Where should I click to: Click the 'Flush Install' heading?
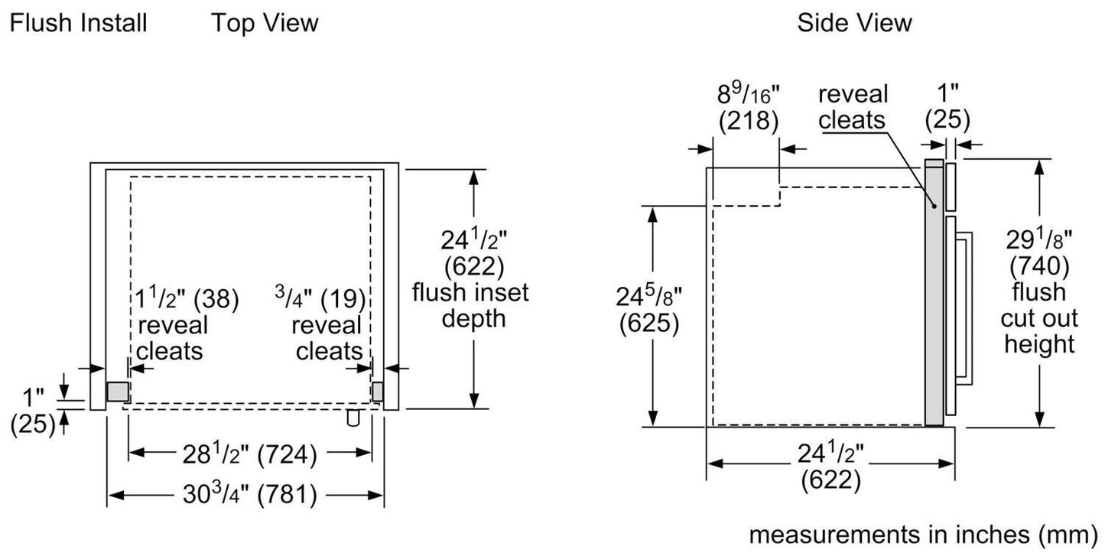tap(78, 23)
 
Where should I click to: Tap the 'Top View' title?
tap(265, 23)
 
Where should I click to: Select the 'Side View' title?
tap(854, 23)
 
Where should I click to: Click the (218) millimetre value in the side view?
tap(747, 120)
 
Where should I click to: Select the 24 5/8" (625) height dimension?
tap(648, 311)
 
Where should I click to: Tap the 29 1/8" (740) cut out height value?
tap(1039, 252)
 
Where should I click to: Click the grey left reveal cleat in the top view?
tap(117, 392)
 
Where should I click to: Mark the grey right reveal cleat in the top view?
tap(378, 391)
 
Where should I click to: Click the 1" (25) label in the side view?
tap(947, 107)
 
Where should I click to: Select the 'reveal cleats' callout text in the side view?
tap(853, 107)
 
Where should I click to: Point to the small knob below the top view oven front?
tap(353, 418)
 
